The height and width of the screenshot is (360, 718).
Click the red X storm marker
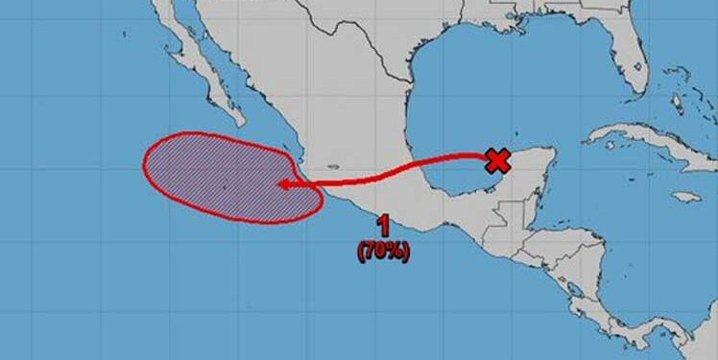pyautogui.click(x=497, y=160)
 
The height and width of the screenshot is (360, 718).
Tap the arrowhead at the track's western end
pyautogui.click(x=281, y=184)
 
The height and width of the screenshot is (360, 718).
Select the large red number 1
pyautogui.click(x=384, y=227)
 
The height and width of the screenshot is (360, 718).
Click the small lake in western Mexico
pyautogui.click(x=331, y=164)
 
